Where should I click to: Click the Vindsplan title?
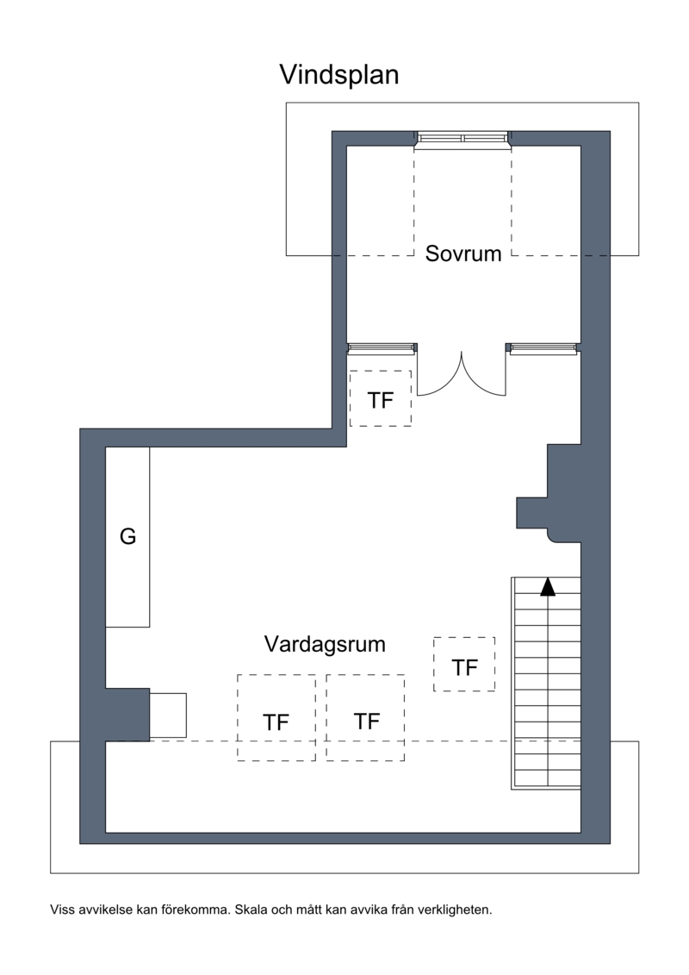click(x=339, y=75)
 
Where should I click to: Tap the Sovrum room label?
click(x=462, y=253)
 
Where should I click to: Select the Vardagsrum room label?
click(x=325, y=644)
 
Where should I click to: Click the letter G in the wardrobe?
click(x=127, y=536)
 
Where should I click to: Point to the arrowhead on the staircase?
click(x=548, y=587)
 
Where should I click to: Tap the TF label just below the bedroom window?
click(x=380, y=401)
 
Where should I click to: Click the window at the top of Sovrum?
click(x=462, y=140)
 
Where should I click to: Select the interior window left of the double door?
click(x=382, y=348)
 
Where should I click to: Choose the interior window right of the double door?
click(x=543, y=348)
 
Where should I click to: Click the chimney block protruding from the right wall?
click(x=549, y=494)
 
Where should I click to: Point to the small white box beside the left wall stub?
click(x=168, y=715)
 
